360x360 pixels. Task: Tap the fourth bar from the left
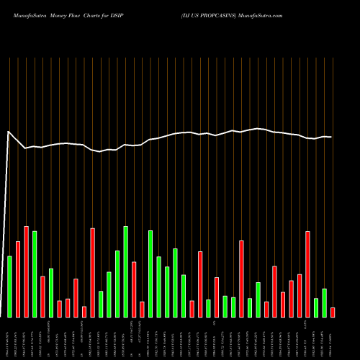coord(35,274)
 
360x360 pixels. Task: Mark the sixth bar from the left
coord(51,293)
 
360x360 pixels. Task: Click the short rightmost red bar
coord(333,312)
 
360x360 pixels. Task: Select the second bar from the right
coord(325,303)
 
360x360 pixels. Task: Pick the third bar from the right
coord(316,307)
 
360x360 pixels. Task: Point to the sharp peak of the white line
coord(8,132)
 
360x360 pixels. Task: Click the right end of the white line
coord(331,137)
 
